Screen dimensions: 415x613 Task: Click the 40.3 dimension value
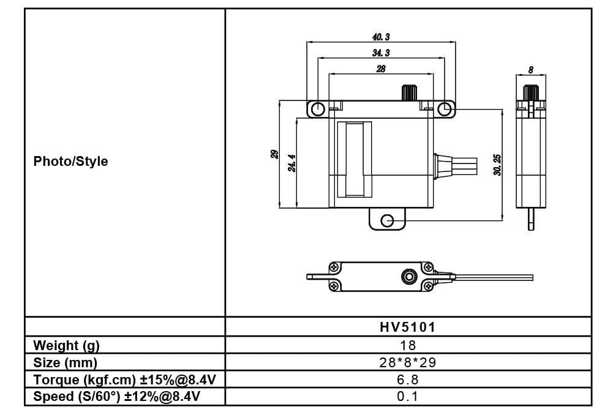point(381,37)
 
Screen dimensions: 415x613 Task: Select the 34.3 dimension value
point(381,53)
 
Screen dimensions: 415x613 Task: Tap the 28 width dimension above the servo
point(381,69)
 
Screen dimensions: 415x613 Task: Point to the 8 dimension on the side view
point(530,70)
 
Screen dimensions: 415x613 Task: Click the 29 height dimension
point(274,154)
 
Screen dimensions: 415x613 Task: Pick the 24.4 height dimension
point(293,163)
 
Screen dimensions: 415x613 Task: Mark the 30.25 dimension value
point(497,164)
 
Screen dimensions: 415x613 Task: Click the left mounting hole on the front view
point(317,109)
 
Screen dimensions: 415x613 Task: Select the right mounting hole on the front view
point(445,109)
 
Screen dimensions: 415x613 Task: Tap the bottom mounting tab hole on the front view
point(387,220)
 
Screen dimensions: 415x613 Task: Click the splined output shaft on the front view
point(408,92)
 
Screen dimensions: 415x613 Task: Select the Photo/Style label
point(70,162)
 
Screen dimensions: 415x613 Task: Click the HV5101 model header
point(408,327)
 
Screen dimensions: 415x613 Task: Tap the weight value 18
point(408,345)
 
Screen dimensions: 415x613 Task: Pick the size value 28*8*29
point(408,362)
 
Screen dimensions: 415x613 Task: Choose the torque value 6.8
point(408,379)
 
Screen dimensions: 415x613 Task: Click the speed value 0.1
point(408,396)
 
